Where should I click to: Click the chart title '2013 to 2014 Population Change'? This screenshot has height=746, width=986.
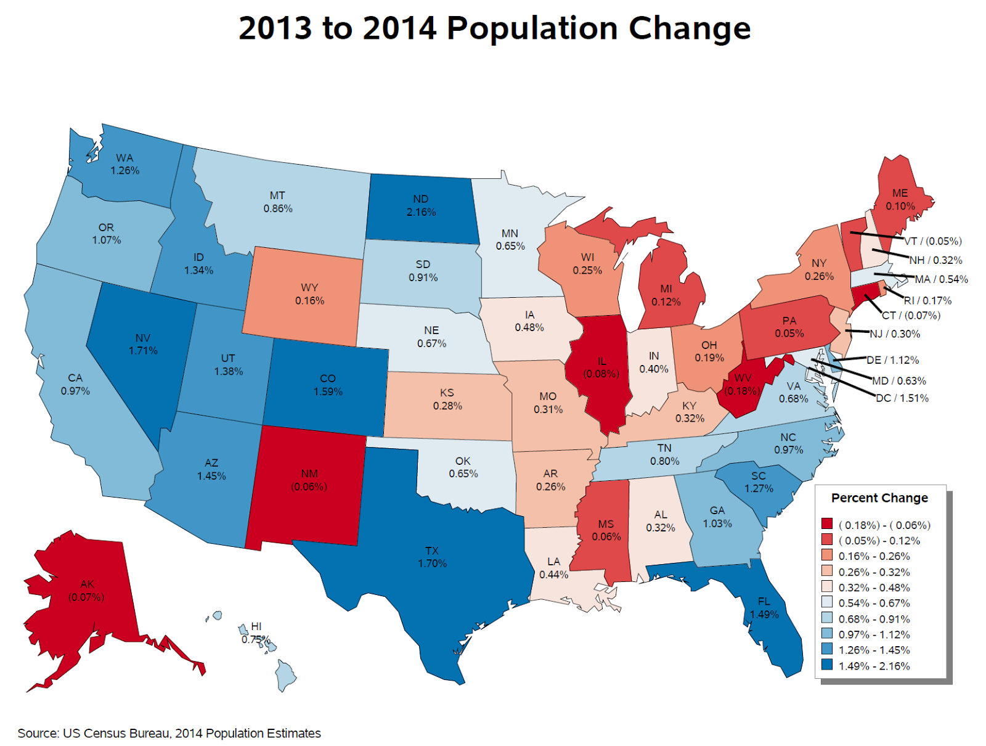click(x=494, y=28)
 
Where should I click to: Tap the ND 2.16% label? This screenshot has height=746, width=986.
click(x=421, y=206)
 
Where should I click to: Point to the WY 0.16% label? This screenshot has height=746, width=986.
click(x=309, y=294)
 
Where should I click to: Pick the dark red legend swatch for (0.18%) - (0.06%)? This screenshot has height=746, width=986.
click(x=827, y=525)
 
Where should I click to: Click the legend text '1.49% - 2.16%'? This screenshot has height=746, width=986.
click(x=874, y=666)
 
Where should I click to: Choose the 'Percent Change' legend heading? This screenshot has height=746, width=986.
click(x=879, y=498)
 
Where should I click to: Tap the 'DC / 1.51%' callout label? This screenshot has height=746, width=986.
click(x=902, y=398)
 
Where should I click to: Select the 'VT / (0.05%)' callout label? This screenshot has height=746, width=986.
click(x=933, y=241)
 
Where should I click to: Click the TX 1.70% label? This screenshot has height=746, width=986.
click(x=432, y=557)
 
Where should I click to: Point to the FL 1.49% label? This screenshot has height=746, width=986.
click(x=764, y=608)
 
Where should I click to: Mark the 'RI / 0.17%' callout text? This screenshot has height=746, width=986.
click(x=927, y=300)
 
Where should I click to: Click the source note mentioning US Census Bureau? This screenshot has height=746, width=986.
click(x=169, y=733)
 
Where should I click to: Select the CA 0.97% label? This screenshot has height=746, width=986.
click(x=75, y=384)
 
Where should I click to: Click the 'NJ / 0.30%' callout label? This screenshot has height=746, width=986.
click(x=895, y=334)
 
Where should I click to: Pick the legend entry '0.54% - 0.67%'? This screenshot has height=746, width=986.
click(x=874, y=603)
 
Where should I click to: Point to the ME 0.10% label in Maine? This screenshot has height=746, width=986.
click(x=900, y=200)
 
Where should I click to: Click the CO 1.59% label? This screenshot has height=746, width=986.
click(x=328, y=385)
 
